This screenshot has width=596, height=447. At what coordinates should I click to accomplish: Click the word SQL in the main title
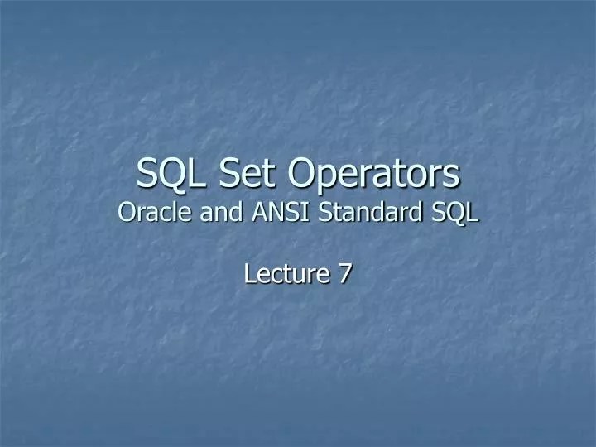[x=166, y=175]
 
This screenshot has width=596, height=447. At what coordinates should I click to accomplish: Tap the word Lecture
[x=281, y=274]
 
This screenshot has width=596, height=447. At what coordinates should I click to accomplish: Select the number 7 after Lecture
[x=343, y=274]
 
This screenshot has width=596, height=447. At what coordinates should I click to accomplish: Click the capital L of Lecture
[x=250, y=274]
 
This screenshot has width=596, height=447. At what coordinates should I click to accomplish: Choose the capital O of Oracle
[x=127, y=213]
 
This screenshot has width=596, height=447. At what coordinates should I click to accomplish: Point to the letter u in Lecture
[x=301, y=276]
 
